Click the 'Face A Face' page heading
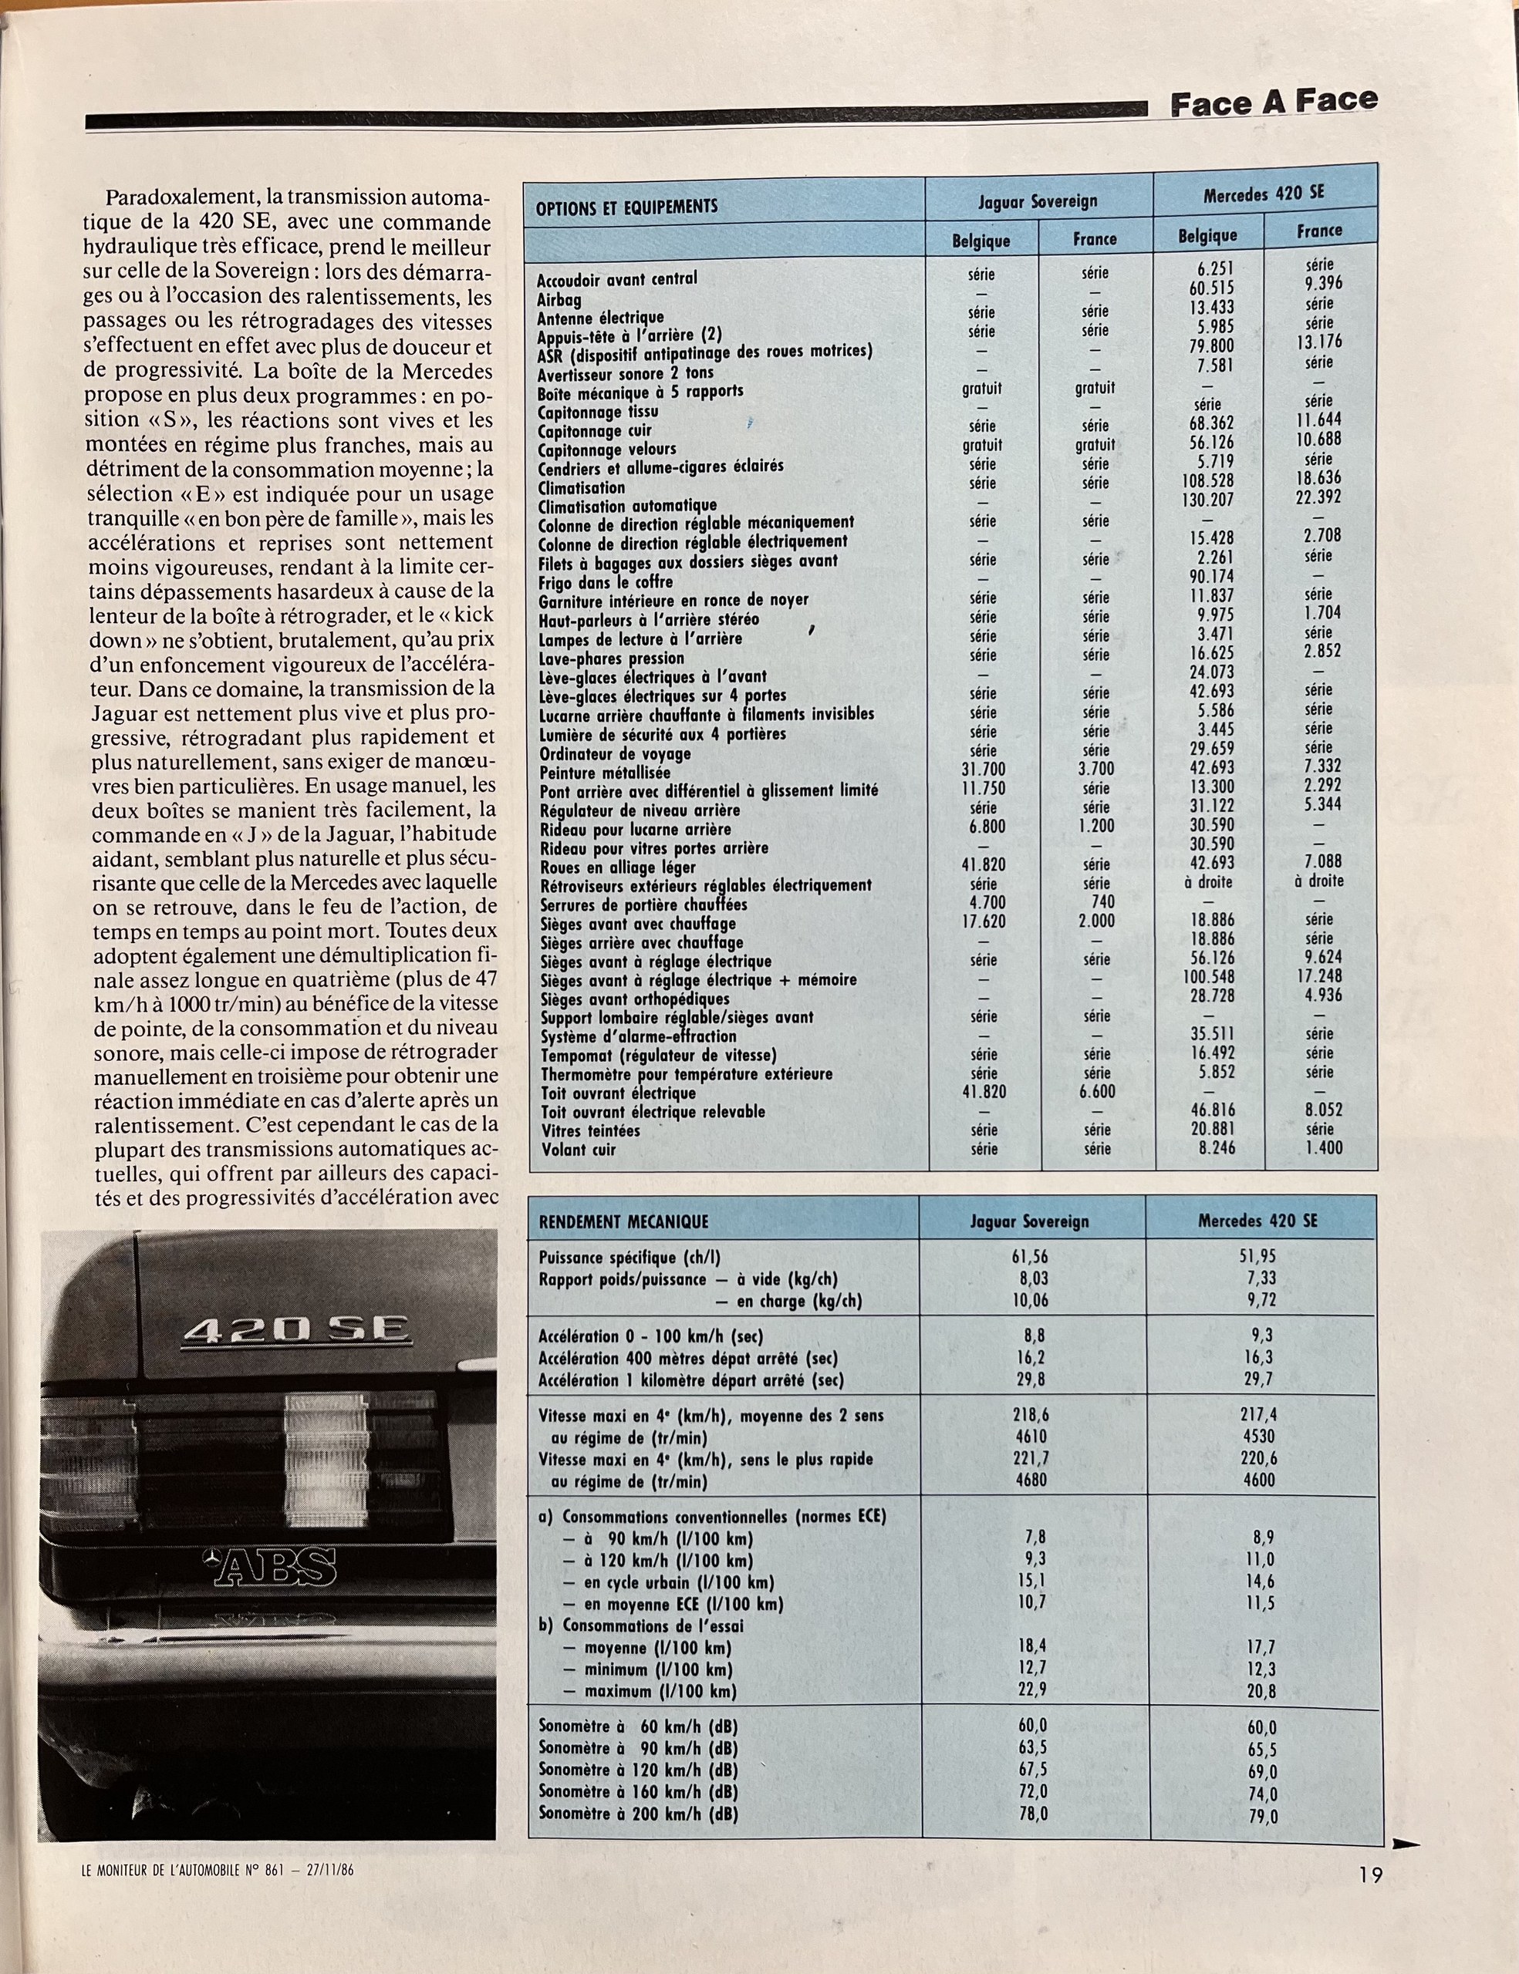coord(1273,102)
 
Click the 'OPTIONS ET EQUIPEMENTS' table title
coord(626,207)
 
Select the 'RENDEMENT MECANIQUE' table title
coord(624,1222)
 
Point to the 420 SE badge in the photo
coord(295,1332)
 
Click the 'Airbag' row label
coord(559,299)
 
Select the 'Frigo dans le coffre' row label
coord(606,582)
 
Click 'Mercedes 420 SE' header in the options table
coord(1263,194)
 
